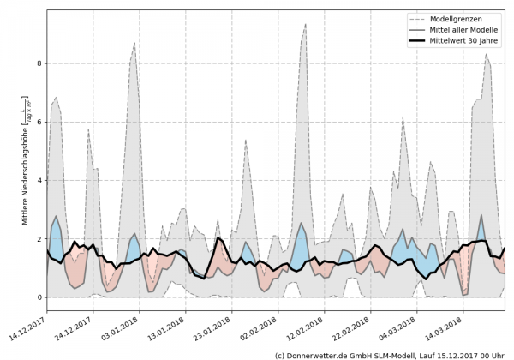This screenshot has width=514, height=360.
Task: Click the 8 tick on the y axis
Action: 39,63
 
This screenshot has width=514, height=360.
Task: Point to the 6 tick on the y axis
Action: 39,122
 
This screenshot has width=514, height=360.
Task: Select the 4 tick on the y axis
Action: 39,180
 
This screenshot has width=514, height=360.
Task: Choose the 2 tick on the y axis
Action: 39,239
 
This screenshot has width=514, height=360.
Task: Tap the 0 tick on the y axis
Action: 39,297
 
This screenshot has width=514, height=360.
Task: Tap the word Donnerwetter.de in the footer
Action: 322,354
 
